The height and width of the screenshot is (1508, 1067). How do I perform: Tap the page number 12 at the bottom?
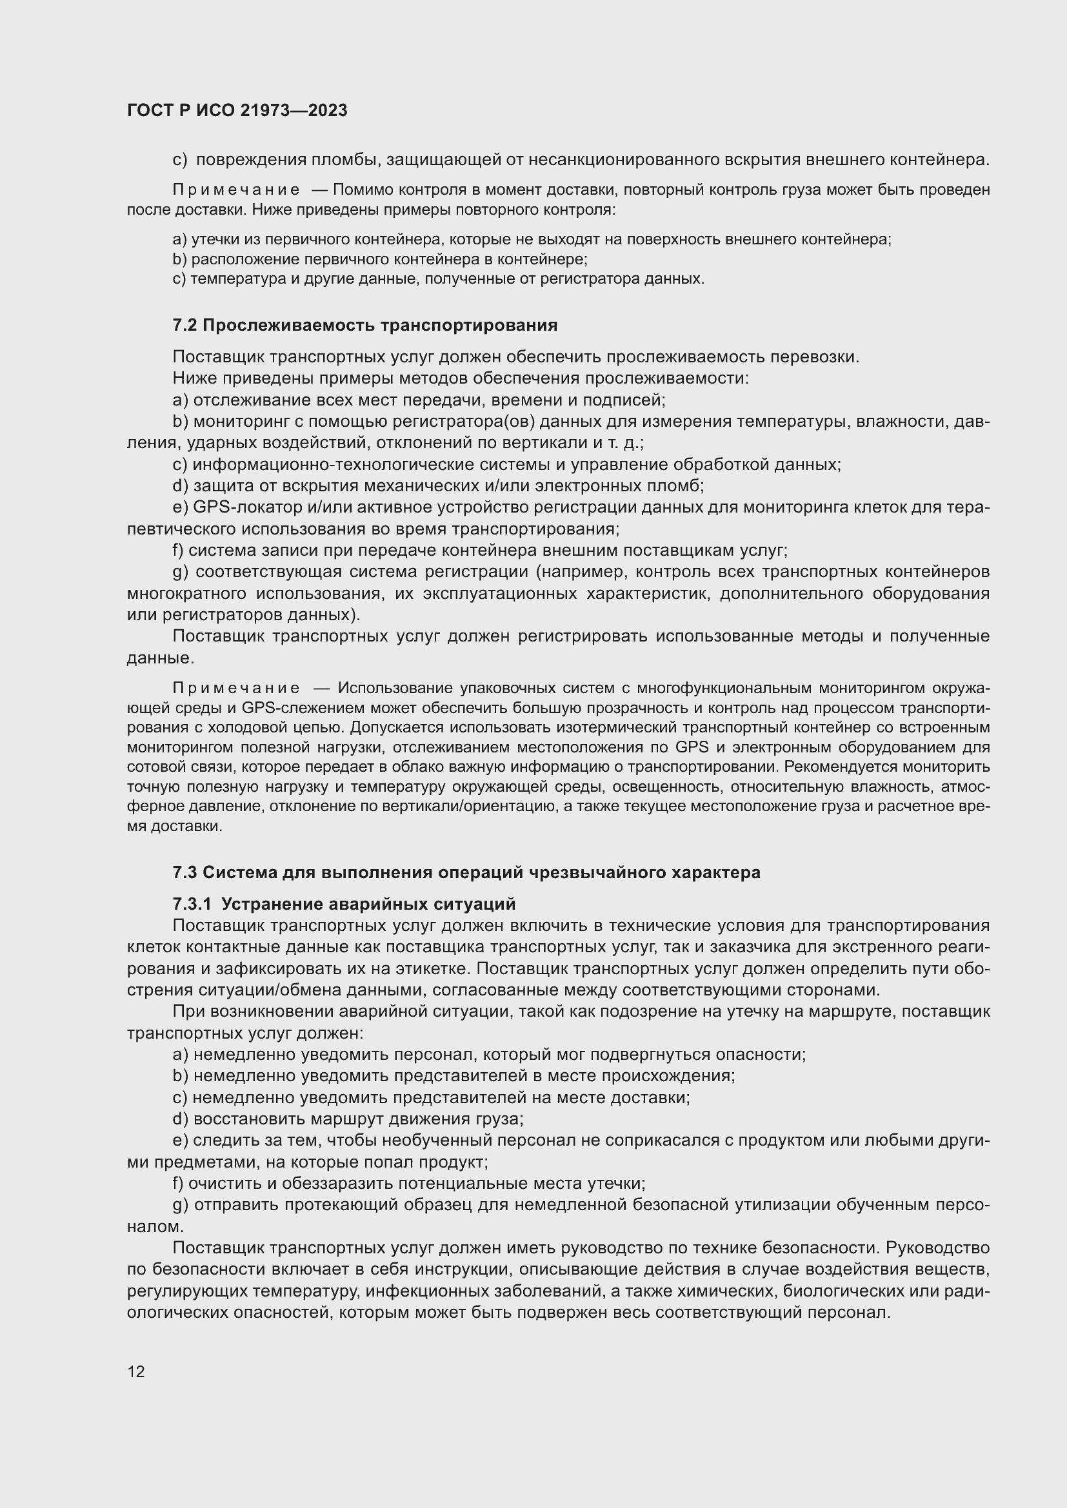pos(136,1371)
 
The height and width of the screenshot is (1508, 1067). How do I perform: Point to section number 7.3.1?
pos(192,905)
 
